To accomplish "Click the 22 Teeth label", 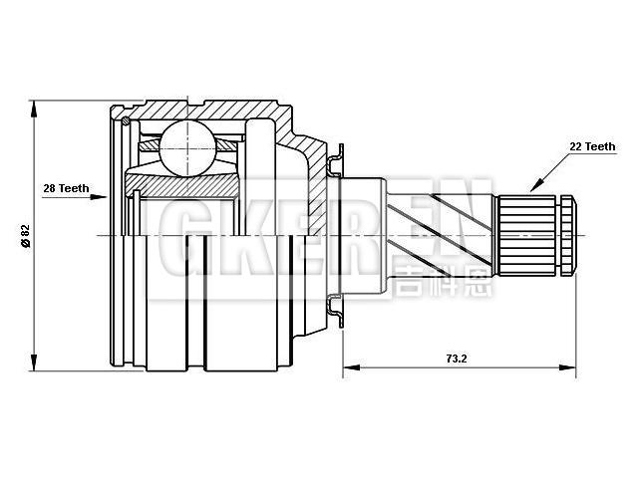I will point(591,146).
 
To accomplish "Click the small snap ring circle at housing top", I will point(127,122).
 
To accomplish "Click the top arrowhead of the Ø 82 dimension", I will point(35,105).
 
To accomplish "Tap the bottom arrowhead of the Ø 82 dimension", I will point(35,364).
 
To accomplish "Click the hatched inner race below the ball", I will point(184,184).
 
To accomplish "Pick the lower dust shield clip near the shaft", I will point(336,311).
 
